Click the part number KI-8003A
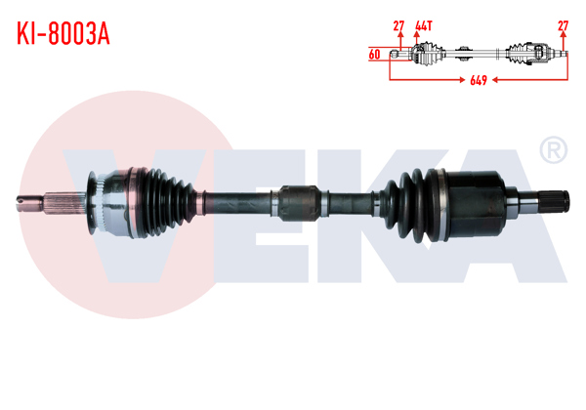point(62,33)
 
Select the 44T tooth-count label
point(423,24)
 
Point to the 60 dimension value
point(375,55)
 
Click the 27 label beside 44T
point(398,24)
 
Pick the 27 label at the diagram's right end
point(563,24)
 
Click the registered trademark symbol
point(553,150)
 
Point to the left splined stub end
point(54,202)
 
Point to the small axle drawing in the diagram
point(479,53)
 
